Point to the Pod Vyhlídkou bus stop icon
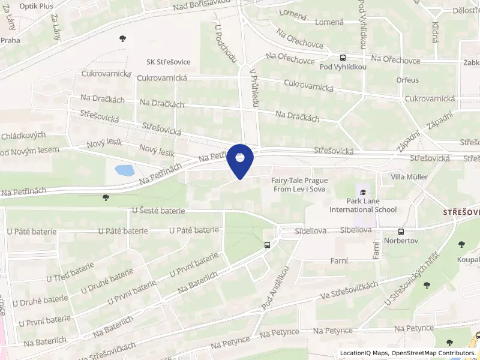point(343,58)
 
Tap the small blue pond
point(125,170)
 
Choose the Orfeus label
point(407,80)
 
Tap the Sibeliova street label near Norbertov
point(357,230)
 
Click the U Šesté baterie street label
point(158,211)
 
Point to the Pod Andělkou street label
point(275,289)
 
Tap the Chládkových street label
point(23,136)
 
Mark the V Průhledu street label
point(254,88)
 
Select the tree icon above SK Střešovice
point(123,38)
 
